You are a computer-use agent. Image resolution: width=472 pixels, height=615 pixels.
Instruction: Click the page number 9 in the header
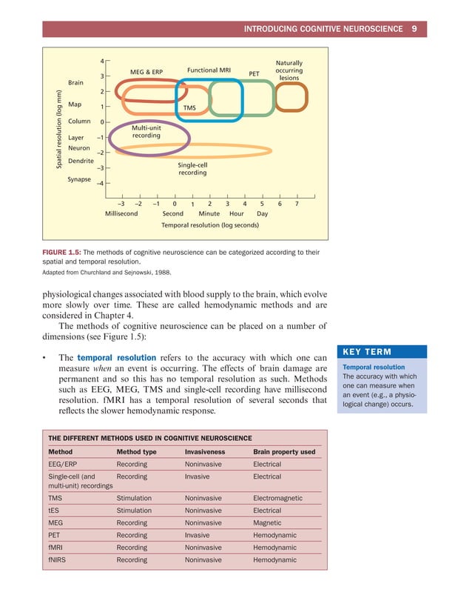pos(414,29)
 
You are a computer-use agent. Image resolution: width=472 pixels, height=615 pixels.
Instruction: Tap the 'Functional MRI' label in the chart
pos(209,70)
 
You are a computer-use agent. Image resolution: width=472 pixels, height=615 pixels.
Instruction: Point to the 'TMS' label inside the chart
pos(189,108)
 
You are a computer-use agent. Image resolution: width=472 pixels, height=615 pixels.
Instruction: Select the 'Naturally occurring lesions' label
pos(289,70)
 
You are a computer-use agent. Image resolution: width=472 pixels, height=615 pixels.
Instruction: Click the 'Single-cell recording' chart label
pos(192,169)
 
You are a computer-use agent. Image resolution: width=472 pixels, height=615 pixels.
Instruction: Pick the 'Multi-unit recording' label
pos(146,132)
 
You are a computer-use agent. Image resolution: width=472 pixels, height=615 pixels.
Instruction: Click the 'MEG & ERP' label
pos(146,72)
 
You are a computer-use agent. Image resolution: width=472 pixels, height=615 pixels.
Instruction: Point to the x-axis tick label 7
pos(297,202)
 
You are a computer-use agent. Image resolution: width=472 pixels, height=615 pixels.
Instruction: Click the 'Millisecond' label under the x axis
pos(121,213)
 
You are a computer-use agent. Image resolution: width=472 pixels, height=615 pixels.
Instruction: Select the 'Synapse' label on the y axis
pos(79,179)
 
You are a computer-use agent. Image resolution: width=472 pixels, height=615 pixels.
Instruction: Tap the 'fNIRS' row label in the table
pos(58,560)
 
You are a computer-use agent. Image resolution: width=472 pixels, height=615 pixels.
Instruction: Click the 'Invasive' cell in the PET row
pos(197,535)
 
